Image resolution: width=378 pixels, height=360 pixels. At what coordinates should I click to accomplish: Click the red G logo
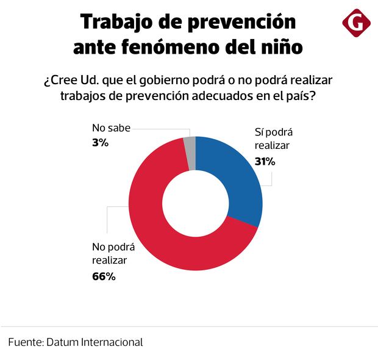[x=357, y=24]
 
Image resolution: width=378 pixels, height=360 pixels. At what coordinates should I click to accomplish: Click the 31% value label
[x=265, y=162]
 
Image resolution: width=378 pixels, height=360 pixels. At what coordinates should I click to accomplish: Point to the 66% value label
[x=104, y=276]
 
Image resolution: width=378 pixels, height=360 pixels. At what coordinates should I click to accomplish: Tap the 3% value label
[x=100, y=143]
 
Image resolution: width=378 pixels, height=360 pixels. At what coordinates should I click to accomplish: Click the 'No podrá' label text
[x=113, y=247]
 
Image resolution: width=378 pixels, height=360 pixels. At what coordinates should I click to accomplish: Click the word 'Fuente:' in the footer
[x=25, y=342]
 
